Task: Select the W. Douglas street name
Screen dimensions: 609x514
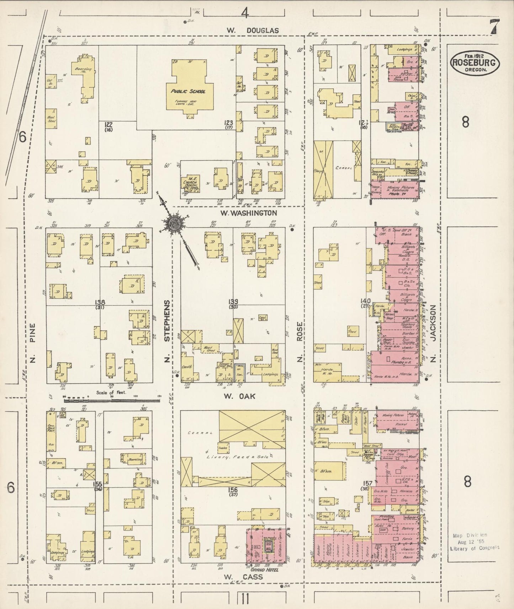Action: click(253, 31)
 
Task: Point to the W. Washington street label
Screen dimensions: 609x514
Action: click(248, 213)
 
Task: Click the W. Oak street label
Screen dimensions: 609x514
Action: click(244, 396)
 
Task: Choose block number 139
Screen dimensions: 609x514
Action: click(233, 302)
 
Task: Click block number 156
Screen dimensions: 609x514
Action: click(233, 490)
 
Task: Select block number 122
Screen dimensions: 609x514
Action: click(108, 125)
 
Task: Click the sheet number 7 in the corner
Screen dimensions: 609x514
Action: click(494, 27)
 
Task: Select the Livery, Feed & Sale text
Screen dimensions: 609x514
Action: click(235, 457)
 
